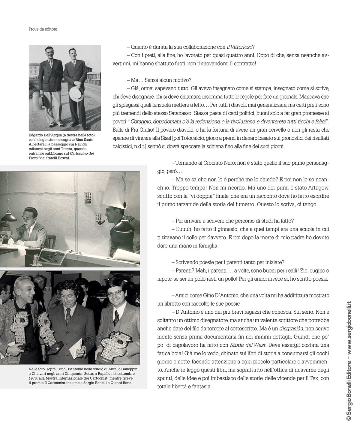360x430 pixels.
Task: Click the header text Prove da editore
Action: [43, 29]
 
